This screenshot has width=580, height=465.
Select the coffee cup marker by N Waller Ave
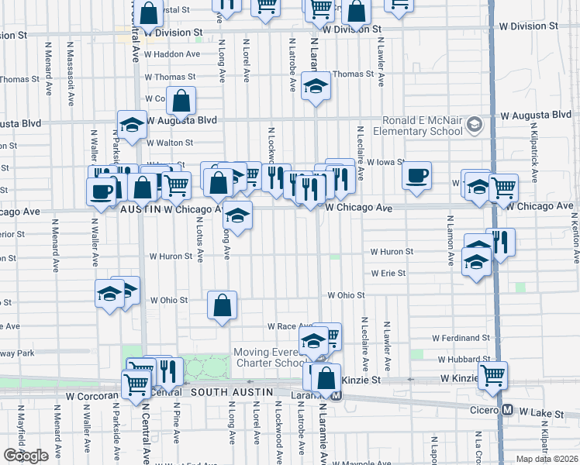tap(100, 191)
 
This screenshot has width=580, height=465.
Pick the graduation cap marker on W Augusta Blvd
tap(133, 124)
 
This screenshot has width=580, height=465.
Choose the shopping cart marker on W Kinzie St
tap(492, 375)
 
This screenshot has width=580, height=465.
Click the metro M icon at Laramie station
tap(336, 396)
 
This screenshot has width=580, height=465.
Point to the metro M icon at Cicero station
tap(507, 409)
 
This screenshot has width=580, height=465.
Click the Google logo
tap(26, 456)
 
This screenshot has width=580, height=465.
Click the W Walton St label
tap(171, 143)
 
